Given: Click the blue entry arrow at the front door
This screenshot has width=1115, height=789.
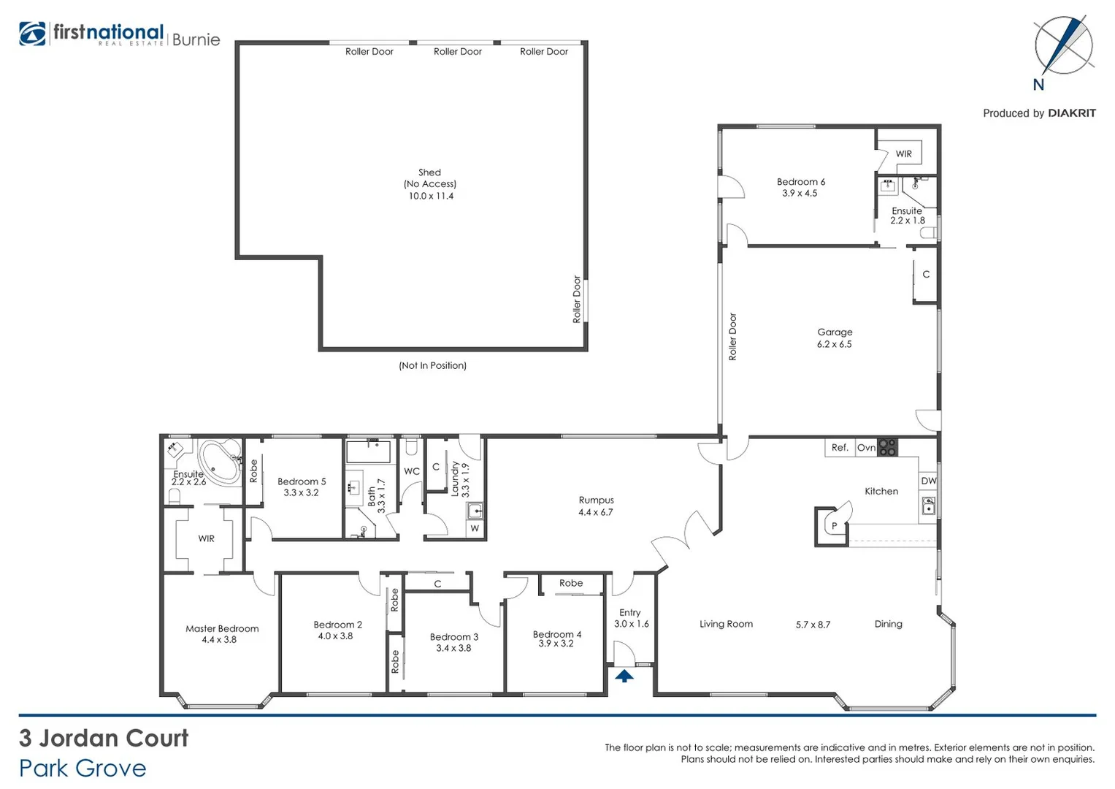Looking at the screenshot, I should (624, 676).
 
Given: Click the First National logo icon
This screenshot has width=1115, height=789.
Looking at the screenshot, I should (32, 34).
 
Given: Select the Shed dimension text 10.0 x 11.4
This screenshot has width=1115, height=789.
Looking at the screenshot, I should (431, 196).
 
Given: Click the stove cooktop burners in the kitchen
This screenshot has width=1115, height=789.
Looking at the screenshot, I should (887, 447).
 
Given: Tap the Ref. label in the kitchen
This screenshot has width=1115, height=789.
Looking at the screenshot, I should (840, 447).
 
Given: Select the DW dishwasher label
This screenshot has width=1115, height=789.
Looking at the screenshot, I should (928, 481).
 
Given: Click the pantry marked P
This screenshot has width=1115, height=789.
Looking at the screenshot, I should (834, 525).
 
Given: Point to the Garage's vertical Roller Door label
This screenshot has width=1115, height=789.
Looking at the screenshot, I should (732, 337).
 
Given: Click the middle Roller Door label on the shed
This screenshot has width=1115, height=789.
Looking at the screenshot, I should (457, 51).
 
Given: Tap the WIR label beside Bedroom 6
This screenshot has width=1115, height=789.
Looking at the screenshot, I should (903, 153).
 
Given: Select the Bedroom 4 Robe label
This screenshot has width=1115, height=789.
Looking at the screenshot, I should (571, 583).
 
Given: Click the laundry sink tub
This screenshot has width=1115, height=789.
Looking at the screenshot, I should (475, 510).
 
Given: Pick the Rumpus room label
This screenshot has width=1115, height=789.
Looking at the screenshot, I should (596, 500).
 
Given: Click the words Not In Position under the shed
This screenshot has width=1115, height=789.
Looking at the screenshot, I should (432, 365).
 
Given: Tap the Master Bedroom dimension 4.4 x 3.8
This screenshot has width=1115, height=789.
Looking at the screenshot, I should (219, 640).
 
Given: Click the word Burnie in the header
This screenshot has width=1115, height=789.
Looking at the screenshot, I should (196, 39).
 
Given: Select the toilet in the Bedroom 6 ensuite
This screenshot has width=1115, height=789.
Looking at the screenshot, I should (929, 233).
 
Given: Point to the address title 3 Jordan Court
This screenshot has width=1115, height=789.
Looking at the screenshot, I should (104, 738).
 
